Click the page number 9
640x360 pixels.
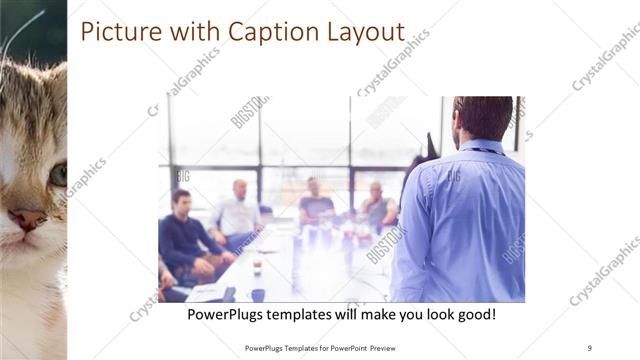point(590,347)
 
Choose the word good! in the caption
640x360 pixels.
point(473,314)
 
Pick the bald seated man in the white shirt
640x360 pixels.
point(237,212)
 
